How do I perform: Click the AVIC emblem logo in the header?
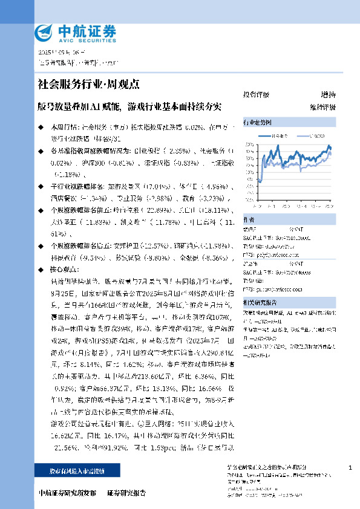coord(44,32)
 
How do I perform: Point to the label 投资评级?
coord(256,95)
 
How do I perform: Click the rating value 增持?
coord(328,95)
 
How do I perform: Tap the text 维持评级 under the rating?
coord(323,107)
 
